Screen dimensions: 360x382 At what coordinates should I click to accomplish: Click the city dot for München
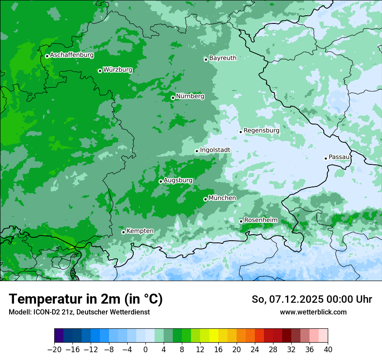[205, 199]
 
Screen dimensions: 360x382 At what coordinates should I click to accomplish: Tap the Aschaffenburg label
[72, 55]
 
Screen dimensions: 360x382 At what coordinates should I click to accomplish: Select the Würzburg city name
[118, 70]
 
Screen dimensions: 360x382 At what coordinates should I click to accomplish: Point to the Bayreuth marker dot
[206, 59]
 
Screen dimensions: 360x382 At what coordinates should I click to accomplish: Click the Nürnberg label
[190, 96]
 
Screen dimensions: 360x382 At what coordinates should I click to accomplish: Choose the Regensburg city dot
[240, 132]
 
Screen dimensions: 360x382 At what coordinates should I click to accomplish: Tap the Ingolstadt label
[215, 150]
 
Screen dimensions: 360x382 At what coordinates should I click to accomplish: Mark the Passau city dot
[326, 158]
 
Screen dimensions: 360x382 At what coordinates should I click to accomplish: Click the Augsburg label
[178, 180]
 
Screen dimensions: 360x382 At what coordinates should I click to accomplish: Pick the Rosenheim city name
[260, 220]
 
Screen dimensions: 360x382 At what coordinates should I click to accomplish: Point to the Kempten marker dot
[123, 232]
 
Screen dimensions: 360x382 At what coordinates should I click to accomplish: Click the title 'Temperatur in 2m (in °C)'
[86, 299]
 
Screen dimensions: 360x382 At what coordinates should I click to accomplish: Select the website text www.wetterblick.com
[313, 312]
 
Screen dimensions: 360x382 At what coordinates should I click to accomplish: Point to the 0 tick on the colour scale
[145, 349]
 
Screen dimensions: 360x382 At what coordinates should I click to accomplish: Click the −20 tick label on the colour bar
[54, 349]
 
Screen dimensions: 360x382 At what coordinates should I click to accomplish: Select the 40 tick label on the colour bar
[328, 349]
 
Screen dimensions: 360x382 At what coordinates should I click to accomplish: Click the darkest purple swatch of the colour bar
[59, 336]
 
